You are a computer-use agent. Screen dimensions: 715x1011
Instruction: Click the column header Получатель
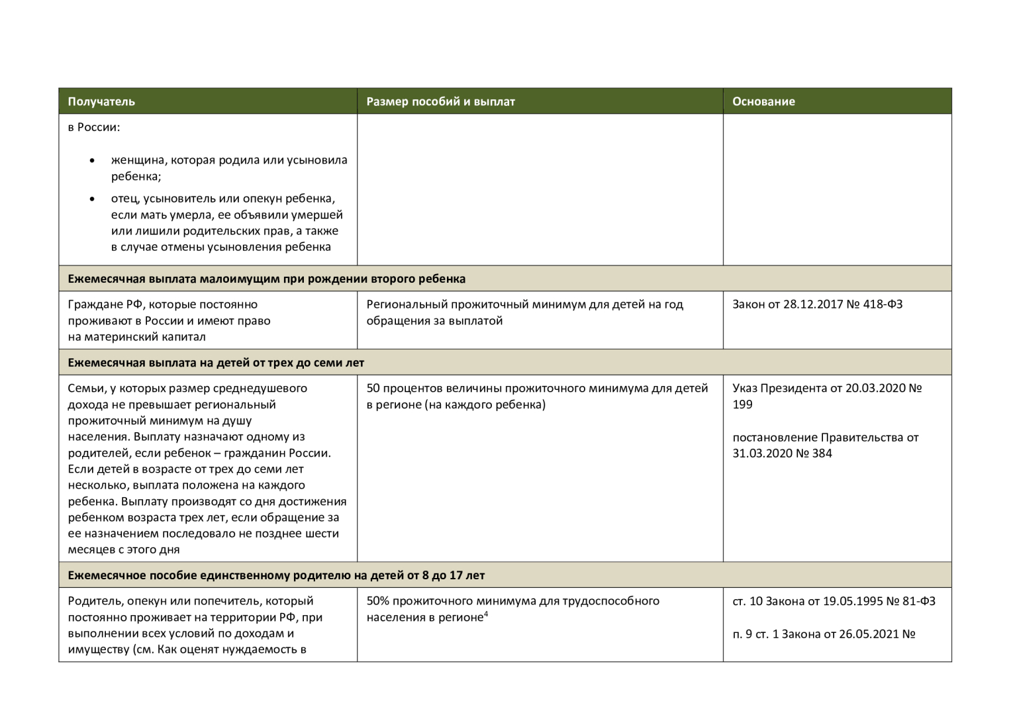(101, 101)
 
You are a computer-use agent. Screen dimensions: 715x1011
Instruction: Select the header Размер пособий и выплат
(440, 101)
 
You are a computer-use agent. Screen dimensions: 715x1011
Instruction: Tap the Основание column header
(763, 101)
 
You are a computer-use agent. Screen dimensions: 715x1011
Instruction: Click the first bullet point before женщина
(92, 161)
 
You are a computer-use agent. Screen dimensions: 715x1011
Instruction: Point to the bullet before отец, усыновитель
(92, 199)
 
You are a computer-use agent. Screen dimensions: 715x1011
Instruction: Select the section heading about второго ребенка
(266, 279)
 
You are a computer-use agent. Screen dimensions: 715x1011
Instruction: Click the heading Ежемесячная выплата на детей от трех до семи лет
(216, 363)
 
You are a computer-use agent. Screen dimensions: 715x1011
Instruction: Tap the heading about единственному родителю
(276, 575)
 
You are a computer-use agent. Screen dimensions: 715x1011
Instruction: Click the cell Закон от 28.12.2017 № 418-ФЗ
(817, 305)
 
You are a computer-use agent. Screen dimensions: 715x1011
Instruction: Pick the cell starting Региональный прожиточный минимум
(524, 312)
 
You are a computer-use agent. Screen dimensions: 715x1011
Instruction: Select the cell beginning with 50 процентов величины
(537, 396)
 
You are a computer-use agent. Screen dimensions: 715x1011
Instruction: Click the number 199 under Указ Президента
(742, 405)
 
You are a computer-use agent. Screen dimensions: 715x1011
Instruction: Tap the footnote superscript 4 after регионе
(486, 614)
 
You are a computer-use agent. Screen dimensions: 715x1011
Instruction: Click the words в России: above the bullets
(94, 127)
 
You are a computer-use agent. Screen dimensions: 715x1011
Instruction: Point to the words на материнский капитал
(136, 337)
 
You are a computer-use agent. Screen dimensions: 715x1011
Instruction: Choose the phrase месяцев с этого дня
(124, 549)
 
